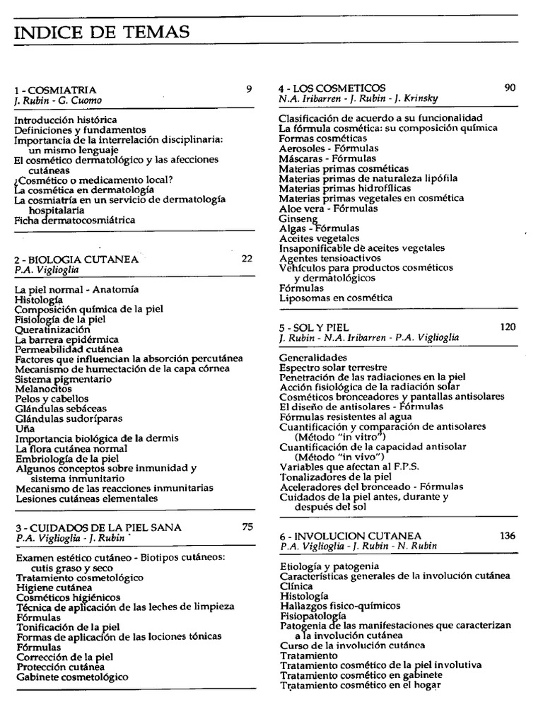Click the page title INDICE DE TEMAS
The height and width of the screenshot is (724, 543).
[102, 32]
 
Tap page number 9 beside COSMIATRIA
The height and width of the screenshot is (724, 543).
[249, 89]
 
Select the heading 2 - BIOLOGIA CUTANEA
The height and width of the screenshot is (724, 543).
[76, 259]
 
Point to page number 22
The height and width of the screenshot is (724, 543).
[247, 259]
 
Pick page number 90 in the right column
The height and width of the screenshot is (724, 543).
[510, 88]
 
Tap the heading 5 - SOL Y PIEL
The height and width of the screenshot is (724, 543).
[314, 327]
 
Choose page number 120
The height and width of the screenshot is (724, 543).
[508, 327]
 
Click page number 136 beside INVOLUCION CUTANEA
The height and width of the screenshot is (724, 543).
[508, 535]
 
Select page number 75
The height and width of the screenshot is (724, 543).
[247, 526]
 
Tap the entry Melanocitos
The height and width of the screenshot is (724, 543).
[43, 389]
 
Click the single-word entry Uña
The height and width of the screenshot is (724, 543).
[24, 428]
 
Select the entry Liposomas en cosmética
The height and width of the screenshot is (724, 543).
[336, 298]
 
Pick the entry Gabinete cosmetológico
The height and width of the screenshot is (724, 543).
[72, 677]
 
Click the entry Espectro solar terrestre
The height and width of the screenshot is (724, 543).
[333, 368]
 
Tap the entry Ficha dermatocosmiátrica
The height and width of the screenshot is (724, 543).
[75, 220]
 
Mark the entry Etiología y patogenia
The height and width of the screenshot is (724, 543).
[329, 566]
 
